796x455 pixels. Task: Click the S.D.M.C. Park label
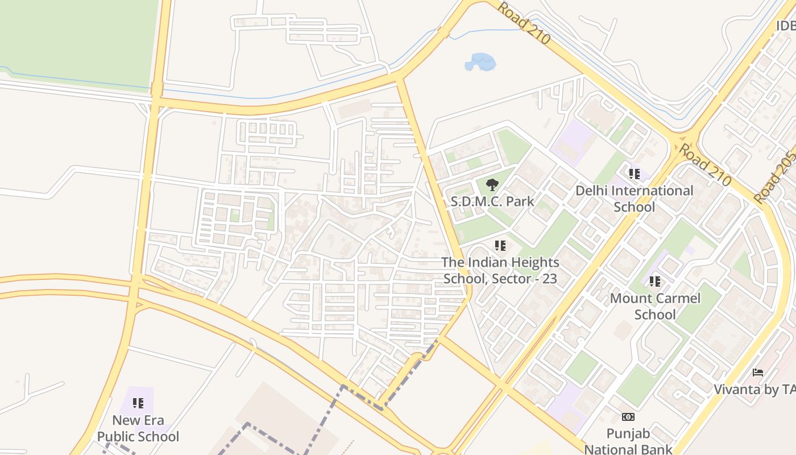492,201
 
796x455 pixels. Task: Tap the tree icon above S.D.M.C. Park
492,184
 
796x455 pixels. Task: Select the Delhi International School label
634,198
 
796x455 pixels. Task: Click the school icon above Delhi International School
634,173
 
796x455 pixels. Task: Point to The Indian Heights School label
500,271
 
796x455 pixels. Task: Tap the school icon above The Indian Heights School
500,246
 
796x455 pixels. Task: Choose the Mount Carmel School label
655,306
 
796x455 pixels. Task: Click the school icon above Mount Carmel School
655,281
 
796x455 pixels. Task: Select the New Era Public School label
138,428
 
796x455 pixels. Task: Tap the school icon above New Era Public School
138,403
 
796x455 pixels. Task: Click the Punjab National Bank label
628,441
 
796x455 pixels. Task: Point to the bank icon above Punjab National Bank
628,417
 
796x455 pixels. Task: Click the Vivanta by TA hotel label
754,389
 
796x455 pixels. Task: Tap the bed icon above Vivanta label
758,373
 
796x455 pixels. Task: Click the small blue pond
480,62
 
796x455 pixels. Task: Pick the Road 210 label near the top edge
524,23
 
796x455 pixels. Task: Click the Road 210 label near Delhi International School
705,165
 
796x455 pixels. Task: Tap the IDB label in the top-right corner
785,26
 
